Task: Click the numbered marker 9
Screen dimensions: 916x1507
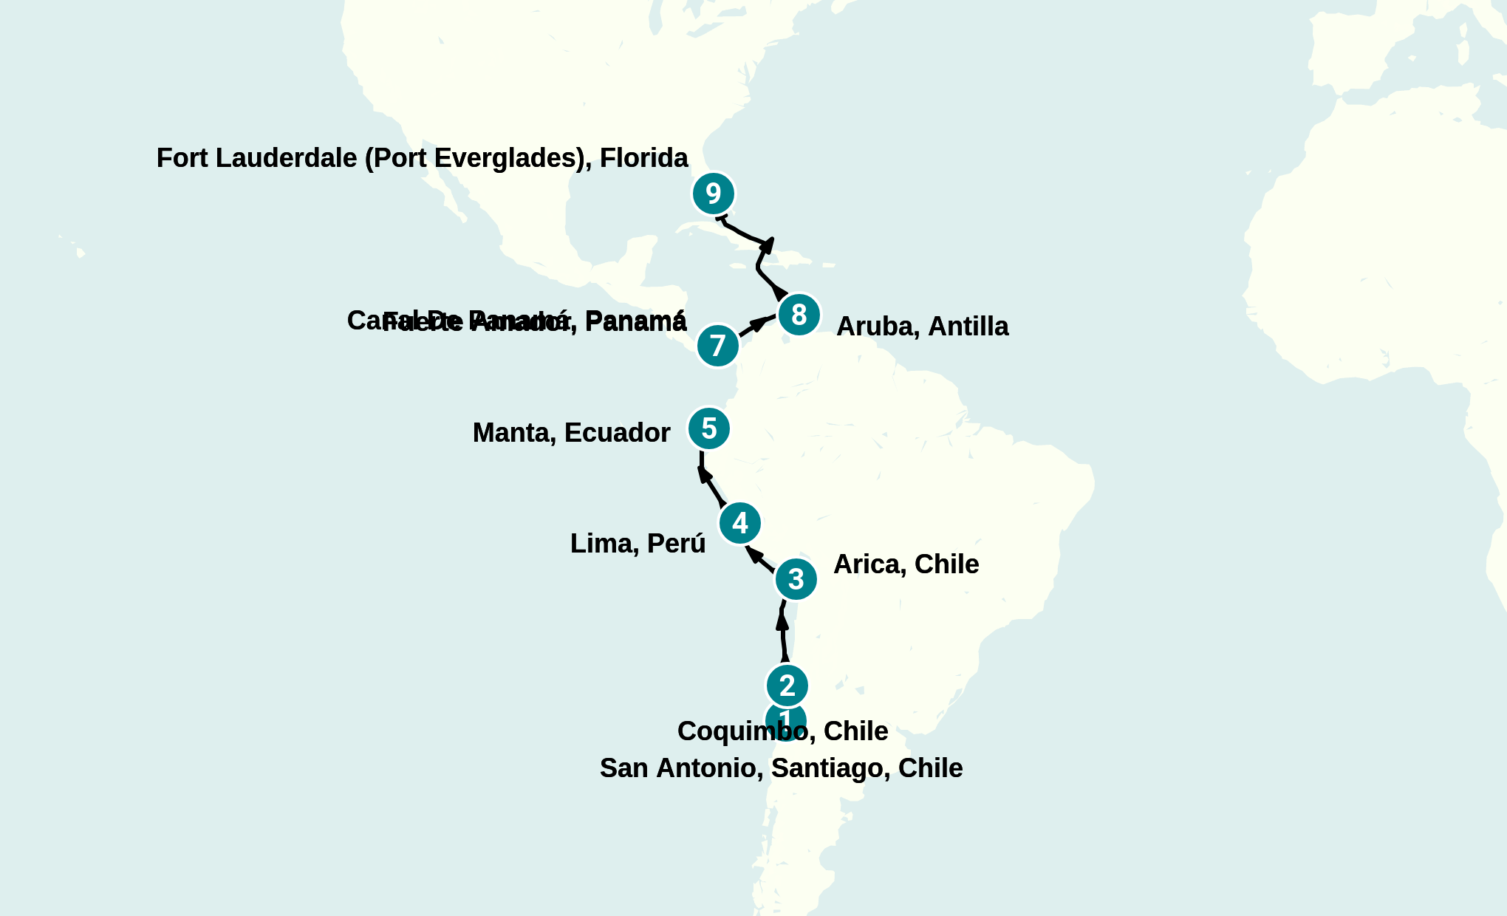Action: coord(713,194)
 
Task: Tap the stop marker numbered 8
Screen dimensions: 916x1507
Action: coord(799,315)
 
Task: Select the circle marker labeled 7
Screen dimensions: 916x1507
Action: coord(717,346)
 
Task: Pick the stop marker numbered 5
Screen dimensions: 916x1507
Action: coord(708,428)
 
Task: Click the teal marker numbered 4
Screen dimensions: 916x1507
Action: coord(739,523)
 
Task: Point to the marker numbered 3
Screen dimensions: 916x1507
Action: coord(796,579)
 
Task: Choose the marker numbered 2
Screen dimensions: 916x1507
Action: coord(787,686)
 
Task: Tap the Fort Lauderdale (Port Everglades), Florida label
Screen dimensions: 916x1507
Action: coord(422,158)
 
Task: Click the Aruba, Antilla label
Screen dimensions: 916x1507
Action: coord(922,327)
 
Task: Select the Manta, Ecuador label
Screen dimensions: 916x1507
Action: coord(571,433)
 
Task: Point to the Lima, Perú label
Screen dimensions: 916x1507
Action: coord(638,544)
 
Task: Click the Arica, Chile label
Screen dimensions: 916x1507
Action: coord(906,564)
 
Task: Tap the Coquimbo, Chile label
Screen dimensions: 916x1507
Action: coord(782,731)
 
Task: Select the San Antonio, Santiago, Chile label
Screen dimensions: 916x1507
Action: coord(781,768)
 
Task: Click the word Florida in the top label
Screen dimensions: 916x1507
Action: coord(643,158)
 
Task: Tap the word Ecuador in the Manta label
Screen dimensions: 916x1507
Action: coord(617,433)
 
